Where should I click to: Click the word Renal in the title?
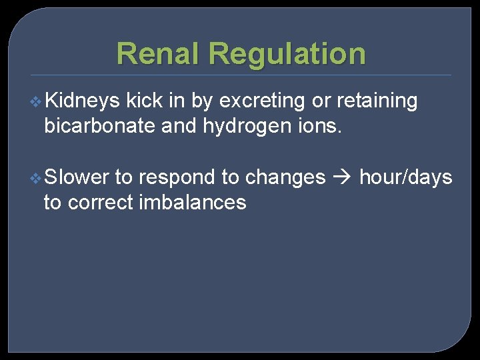point(157,53)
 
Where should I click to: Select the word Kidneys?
point(83,101)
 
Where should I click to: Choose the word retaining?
point(377,101)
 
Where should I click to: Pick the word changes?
point(285,177)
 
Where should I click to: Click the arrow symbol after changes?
point(342,178)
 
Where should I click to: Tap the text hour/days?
point(405,177)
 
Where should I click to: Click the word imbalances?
point(193,202)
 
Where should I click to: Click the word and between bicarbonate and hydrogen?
point(178,126)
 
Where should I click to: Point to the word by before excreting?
point(202,101)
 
